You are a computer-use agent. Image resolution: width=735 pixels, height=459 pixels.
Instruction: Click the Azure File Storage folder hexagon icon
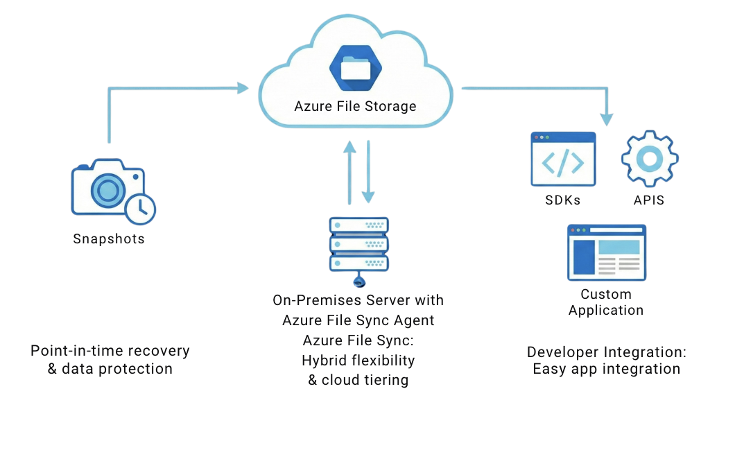pyautogui.click(x=356, y=68)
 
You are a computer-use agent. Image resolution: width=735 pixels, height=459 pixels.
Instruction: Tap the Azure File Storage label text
pyautogui.click(x=355, y=107)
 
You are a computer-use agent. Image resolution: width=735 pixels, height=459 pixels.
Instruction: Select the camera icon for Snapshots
pyautogui.click(x=107, y=188)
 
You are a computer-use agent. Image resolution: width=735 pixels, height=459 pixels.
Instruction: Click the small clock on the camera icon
pyautogui.click(x=141, y=207)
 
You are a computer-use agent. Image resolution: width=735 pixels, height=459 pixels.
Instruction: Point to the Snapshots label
pyautogui.click(x=109, y=239)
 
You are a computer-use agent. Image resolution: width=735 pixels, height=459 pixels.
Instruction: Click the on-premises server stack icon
pyautogui.click(x=358, y=245)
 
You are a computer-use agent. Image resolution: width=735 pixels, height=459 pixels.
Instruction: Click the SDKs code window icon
pyautogui.click(x=563, y=159)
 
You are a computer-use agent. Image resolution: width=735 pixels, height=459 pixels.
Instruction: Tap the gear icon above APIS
pyautogui.click(x=650, y=159)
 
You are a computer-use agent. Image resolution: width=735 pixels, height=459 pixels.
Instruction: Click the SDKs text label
pyautogui.click(x=563, y=200)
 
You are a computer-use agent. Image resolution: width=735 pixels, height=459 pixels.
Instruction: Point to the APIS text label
pyautogui.click(x=649, y=200)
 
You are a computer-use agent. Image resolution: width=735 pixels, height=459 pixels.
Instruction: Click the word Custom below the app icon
pyautogui.click(x=606, y=295)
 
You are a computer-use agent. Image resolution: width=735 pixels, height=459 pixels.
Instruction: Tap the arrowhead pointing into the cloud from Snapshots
pyautogui.click(x=242, y=87)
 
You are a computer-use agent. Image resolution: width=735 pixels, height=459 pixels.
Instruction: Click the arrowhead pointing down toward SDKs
pyautogui.click(x=607, y=119)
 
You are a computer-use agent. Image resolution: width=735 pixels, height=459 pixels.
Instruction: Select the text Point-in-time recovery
pyautogui.click(x=110, y=351)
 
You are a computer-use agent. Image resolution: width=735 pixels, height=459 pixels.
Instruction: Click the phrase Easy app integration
pyautogui.click(x=606, y=369)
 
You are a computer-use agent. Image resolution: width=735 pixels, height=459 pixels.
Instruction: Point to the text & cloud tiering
pyautogui.click(x=358, y=380)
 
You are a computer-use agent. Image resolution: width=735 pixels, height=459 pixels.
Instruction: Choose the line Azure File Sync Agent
pyautogui.click(x=358, y=320)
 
